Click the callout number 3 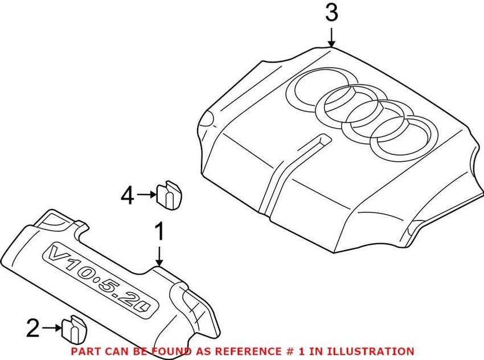[331, 13]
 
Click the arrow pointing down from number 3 [331, 38]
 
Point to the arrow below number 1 [159, 256]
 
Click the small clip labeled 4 [169, 196]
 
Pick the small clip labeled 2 [74, 329]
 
